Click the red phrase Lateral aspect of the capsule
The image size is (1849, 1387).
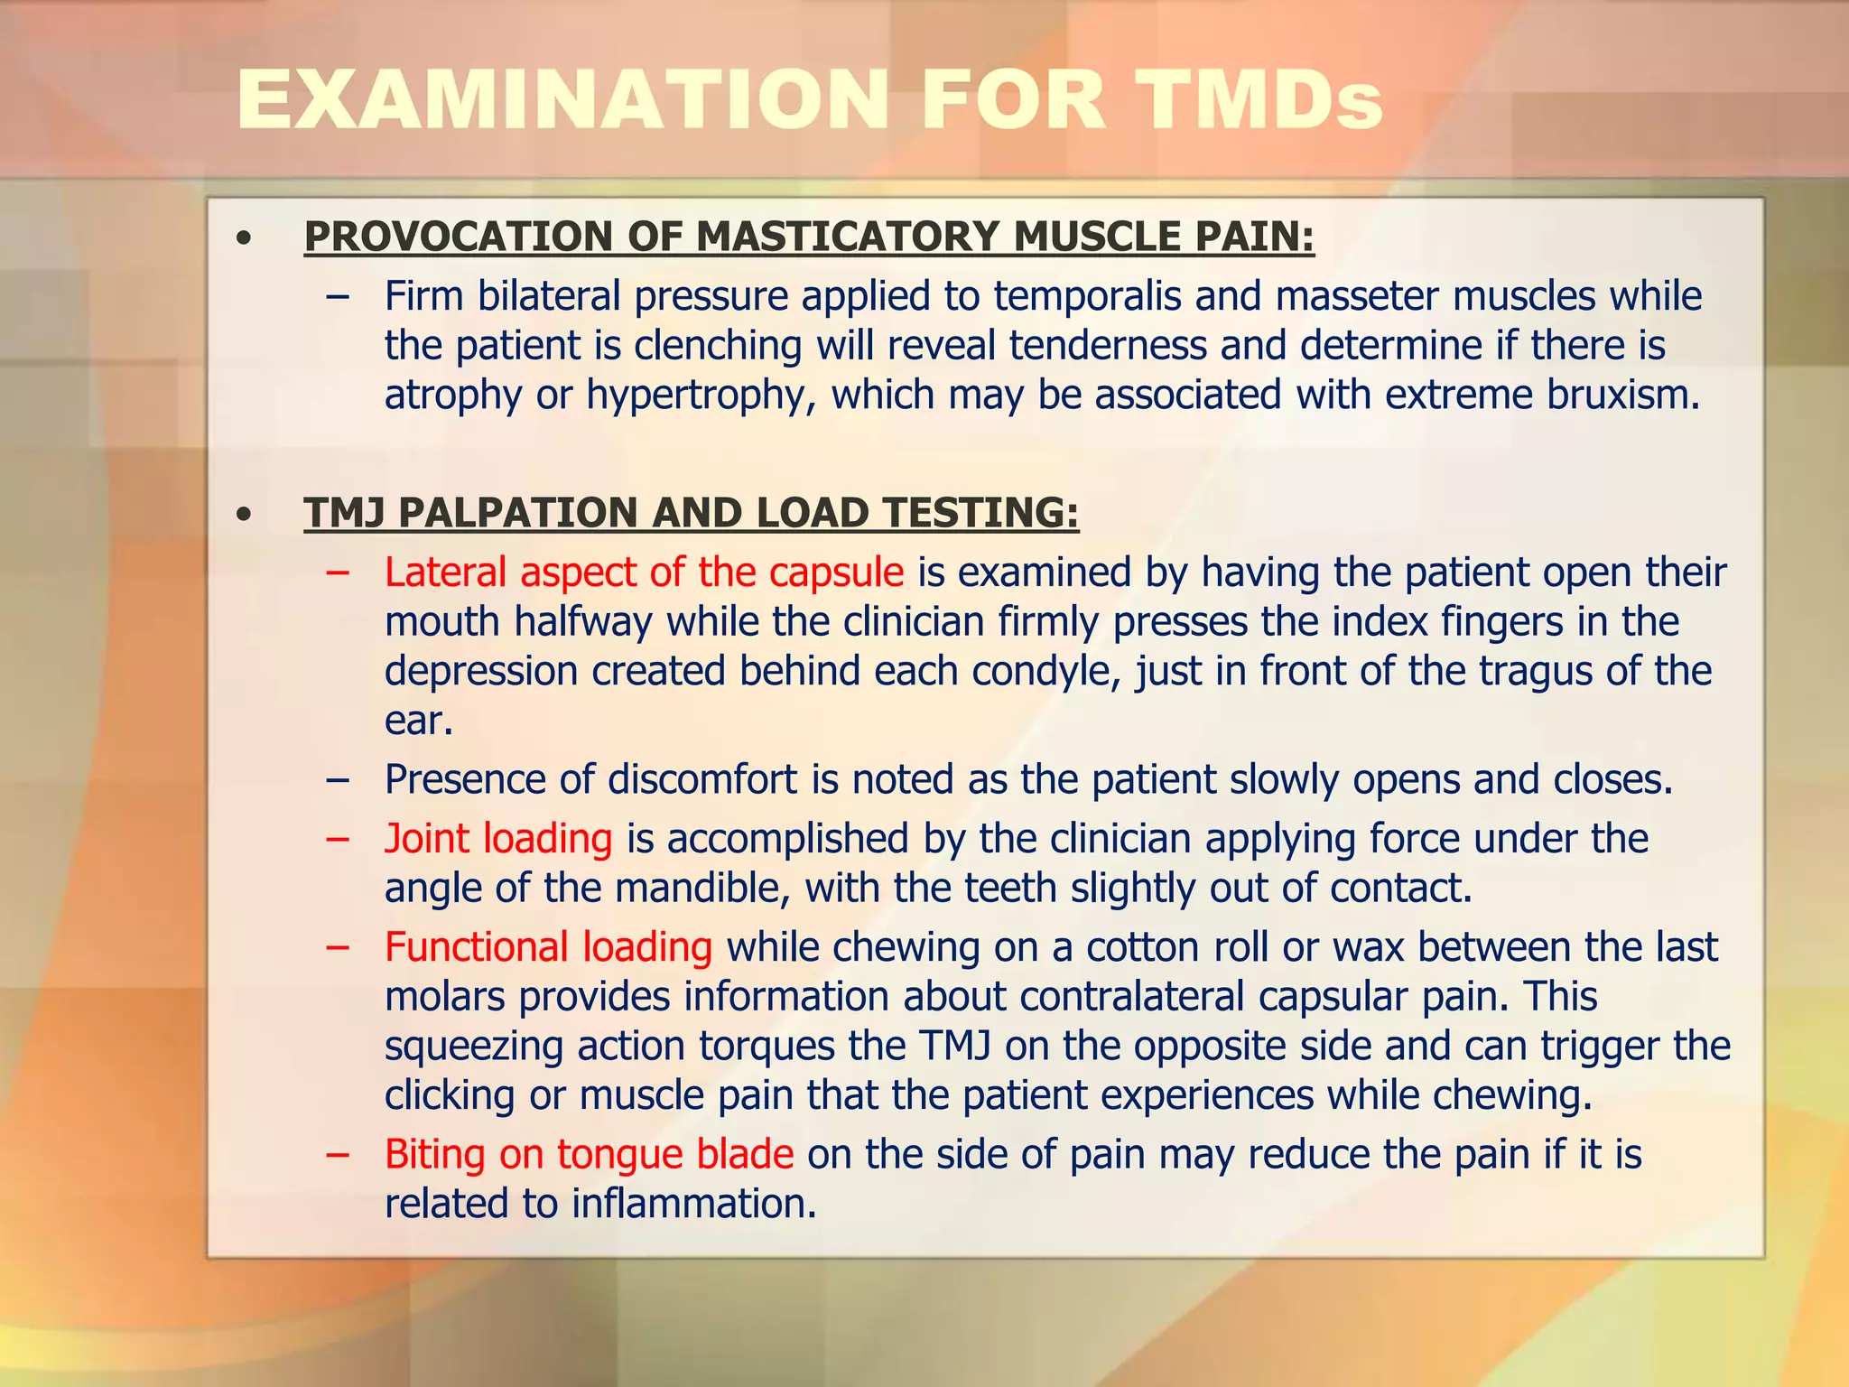coord(644,572)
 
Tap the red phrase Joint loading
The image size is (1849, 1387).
coord(498,839)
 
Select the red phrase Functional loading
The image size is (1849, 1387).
coord(548,947)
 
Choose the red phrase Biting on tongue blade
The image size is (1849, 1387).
coord(589,1155)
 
